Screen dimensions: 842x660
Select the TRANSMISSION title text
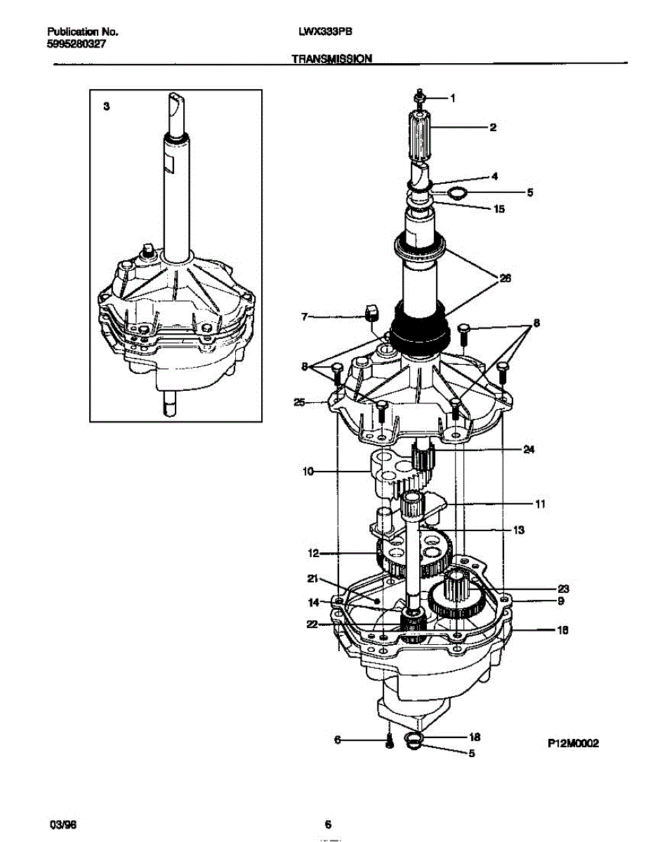click(331, 60)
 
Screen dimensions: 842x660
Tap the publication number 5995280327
click(77, 44)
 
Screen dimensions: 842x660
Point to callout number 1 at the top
click(453, 98)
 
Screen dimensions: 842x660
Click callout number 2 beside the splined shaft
click(493, 127)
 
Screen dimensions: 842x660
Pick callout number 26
click(504, 279)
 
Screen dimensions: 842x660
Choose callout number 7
click(304, 317)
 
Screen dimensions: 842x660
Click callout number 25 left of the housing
click(299, 402)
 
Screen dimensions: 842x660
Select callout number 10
click(308, 472)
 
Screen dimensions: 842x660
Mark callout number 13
click(518, 530)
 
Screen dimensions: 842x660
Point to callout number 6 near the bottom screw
click(338, 739)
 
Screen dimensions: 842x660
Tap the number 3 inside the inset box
click(106, 107)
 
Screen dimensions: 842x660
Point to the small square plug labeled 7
click(371, 312)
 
